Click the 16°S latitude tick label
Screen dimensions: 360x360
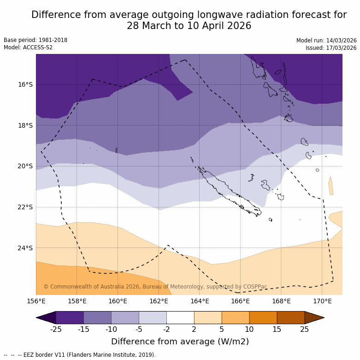pyautogui.click(x=25, y=84)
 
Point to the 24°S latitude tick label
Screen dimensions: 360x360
pyautogui.click(x=25, y=248)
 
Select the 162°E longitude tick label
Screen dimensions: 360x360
pyautogui.click(x=159, y=301)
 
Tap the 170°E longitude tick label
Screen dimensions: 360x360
pyautogui.click(x=322, y=301)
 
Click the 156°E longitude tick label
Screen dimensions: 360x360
pyautogui.click(x=36, y=301)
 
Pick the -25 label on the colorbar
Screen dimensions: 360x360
pyautogui.click(x=56, y=329)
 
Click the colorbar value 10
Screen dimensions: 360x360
pyautogui.click(x=249, y=329)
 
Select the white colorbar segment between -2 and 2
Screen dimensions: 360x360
pyautogui.click(x=180, y=318)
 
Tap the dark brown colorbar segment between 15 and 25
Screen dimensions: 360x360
pyautogui.click(x=291, y=318)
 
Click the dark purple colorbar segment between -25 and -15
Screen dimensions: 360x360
pyautogui.click(x=70, y=318)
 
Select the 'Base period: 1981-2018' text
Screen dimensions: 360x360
pyautogui.click(x=35, y=40)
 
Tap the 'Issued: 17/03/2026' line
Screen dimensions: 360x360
pyautogui.click(x=331, y=47)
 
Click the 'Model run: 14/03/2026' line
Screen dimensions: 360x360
pyautogui.click(x=326, y=40)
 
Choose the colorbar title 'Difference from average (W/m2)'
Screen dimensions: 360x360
pyautogui.click(x=180, y=342)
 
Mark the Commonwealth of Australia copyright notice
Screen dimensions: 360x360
pyautogui.click(x=155, y=287)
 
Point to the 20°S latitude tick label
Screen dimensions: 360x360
pyautogui.click(x=25, y=166)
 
